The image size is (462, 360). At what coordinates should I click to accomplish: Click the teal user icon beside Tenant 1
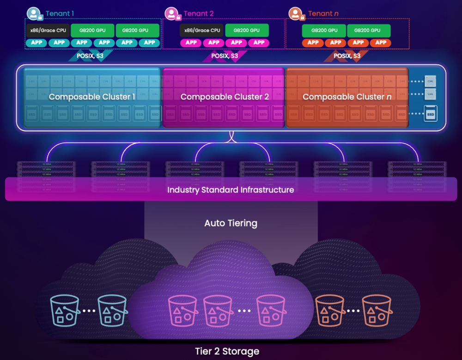click(33, 13)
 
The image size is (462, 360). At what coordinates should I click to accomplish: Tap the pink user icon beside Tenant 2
click(171, 13)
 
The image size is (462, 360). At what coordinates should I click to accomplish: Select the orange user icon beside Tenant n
click(295, 13)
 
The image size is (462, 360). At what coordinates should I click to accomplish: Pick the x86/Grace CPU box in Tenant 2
click(202, 31)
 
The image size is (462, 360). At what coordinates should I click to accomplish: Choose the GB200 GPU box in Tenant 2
click(246, 31)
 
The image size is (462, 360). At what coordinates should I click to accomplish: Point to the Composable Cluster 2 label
click(225, 97)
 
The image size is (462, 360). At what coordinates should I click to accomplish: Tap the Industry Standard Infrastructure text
click(231, 190)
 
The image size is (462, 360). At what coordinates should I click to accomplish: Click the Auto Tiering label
click(231, 223)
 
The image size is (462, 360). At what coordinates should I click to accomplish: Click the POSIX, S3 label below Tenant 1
click(90, 56)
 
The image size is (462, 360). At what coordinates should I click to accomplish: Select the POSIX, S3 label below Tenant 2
click(225, 56)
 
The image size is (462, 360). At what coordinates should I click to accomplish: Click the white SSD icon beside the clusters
click(431, 113)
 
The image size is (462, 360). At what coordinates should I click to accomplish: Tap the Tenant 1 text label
click(60, 13)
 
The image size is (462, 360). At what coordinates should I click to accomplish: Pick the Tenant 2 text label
click(199, 13)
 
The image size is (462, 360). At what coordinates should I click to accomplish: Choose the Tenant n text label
click(323, 13)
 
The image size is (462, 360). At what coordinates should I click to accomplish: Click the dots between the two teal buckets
click(88, 311)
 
